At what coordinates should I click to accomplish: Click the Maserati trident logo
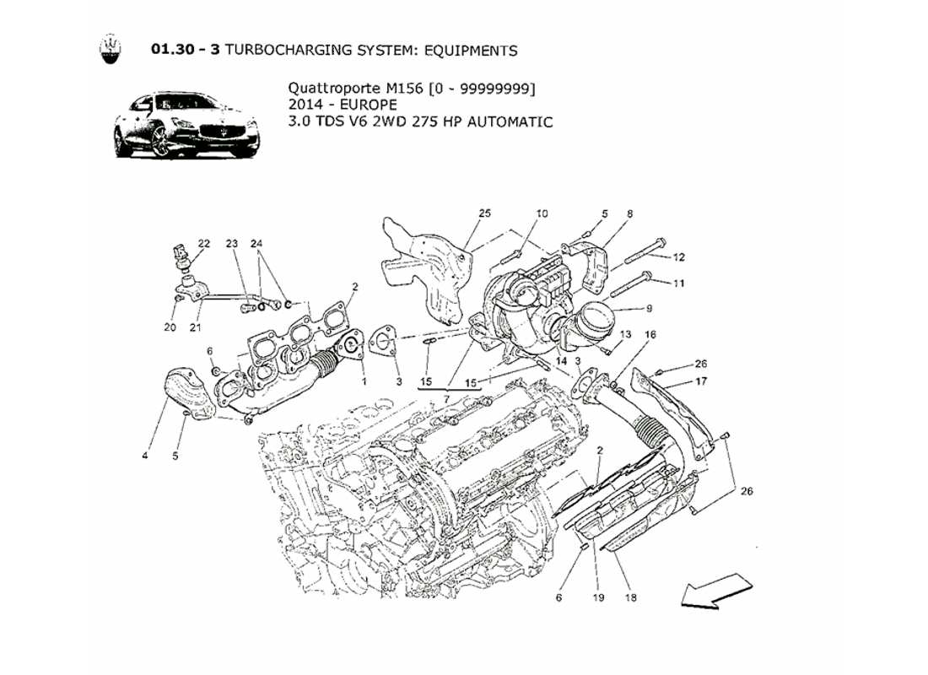110,50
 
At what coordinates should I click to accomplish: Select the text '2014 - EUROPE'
337,105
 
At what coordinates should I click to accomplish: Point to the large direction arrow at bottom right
715,588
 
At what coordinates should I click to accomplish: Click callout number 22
204,244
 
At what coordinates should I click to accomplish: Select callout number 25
484,214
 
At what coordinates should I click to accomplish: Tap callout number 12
679,256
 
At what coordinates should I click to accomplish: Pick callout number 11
679,283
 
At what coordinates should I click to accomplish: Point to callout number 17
700,381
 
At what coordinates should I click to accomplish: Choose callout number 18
631,597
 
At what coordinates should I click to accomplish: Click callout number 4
145,456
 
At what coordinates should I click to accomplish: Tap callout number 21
195,327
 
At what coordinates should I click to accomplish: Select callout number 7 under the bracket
448,397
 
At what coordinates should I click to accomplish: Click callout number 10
542,214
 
